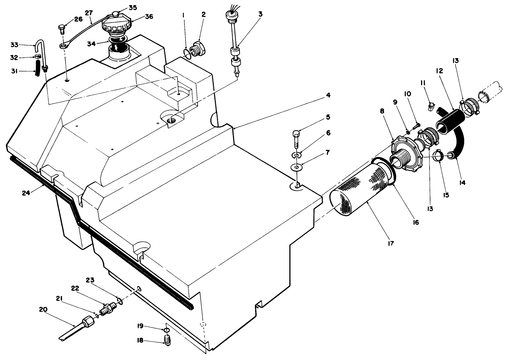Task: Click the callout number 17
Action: pos(391,243)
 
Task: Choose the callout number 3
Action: pos(260,14)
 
